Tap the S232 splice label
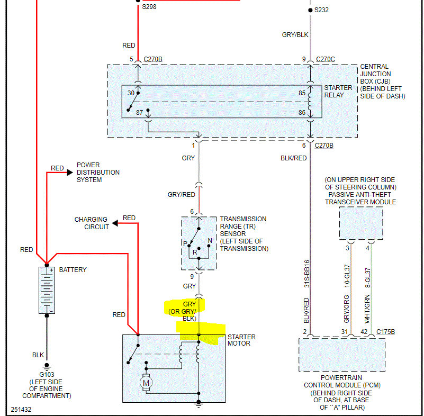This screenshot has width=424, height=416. [x=321, y=10]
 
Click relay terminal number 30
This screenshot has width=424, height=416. [x=131, y=93]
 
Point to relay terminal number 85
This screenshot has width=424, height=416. [x=302, y=93]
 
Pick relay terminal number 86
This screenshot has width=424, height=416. [x=302, y=112]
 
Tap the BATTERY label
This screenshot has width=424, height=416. [x=73, y=270]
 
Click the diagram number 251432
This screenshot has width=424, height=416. [x=22, y=410]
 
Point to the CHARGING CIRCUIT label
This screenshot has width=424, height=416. [x=91, y=223]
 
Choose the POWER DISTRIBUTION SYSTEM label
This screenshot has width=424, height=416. [x=98, y=173]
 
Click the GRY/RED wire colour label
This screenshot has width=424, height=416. [x=181, y=195]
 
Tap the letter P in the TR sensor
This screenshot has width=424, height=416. [x=184, y=243]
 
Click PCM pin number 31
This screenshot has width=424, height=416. [x=345, y=332]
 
